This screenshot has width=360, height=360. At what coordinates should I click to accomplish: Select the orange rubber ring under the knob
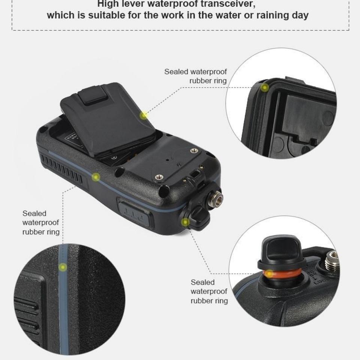coord(282,273)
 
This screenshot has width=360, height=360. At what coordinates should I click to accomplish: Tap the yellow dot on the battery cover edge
coord(144,115)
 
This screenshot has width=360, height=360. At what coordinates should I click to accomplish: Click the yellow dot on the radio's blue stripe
coord(96,177)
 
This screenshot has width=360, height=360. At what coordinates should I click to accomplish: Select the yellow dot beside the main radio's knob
coord(185,222)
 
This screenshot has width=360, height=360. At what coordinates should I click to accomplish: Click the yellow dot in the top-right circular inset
coord(265,87)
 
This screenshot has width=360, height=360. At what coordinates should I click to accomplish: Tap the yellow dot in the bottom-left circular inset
coord(63,267)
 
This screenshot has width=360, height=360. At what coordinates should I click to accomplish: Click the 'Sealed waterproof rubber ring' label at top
coord(195,76)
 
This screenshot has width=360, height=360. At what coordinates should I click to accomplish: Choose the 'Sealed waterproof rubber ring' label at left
coord(41,222)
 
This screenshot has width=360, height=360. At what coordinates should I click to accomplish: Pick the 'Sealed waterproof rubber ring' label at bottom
coord(209,291)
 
